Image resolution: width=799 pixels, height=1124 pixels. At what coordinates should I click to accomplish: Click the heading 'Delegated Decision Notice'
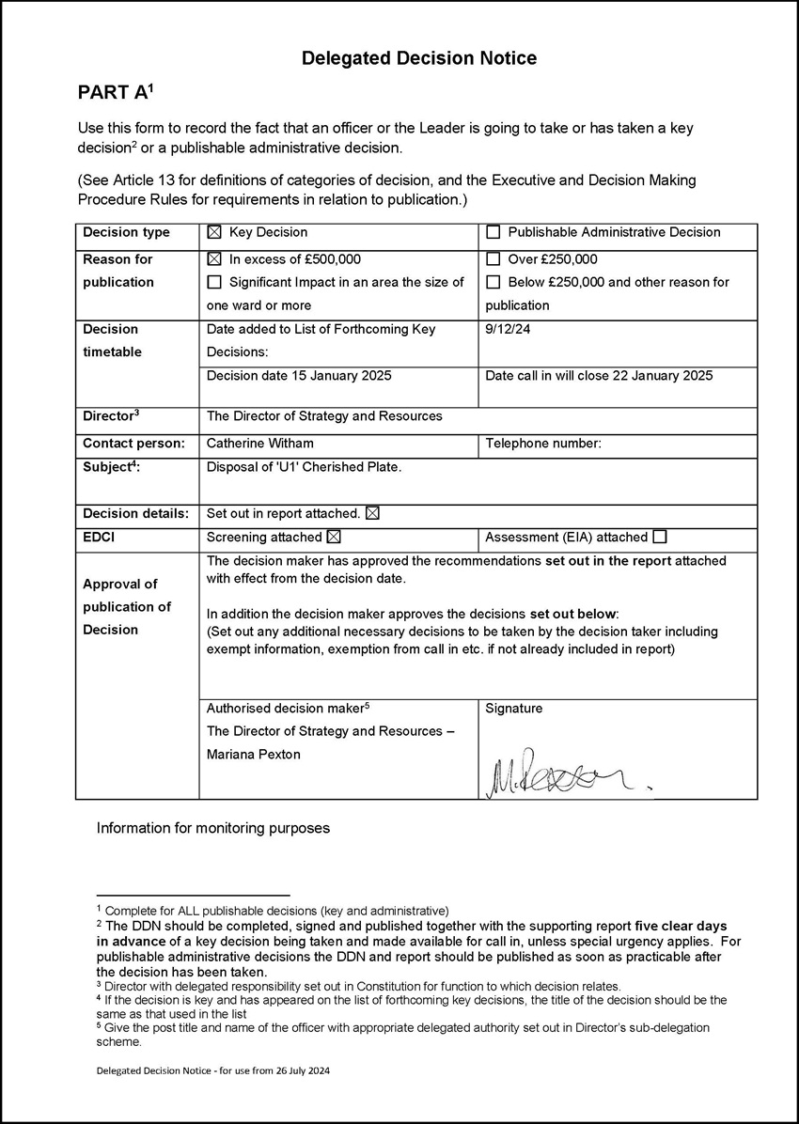pos(418,58)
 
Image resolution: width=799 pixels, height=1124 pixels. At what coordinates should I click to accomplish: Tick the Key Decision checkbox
pos(214,232)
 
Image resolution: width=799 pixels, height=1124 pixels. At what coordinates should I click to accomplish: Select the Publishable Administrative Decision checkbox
pos(493,232)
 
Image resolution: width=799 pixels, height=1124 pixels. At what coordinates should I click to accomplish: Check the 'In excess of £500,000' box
pos(214,259)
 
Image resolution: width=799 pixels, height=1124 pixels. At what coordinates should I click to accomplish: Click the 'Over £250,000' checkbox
pos(493,259)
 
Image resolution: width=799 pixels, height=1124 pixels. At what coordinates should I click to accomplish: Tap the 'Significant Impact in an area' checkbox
pos(214,282)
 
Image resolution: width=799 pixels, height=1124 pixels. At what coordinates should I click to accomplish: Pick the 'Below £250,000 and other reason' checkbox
pos(493,282)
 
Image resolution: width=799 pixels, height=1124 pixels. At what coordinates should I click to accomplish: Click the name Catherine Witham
pos(260,443)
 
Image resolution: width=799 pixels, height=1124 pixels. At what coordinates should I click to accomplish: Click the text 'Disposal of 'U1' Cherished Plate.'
pos(304,466)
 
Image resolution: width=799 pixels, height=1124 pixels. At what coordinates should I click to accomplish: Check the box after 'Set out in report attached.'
pos(372,513)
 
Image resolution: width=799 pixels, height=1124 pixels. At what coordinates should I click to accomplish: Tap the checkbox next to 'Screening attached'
pos(333,538)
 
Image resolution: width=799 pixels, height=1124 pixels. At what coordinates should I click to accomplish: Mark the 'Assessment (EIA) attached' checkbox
pos(660,538)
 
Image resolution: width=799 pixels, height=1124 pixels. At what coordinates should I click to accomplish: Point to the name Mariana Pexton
pos(254,755)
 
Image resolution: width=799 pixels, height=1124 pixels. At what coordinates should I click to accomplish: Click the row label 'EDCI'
pos(100,538)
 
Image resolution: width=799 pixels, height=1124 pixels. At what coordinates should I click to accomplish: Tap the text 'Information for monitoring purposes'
pos(213,829)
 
